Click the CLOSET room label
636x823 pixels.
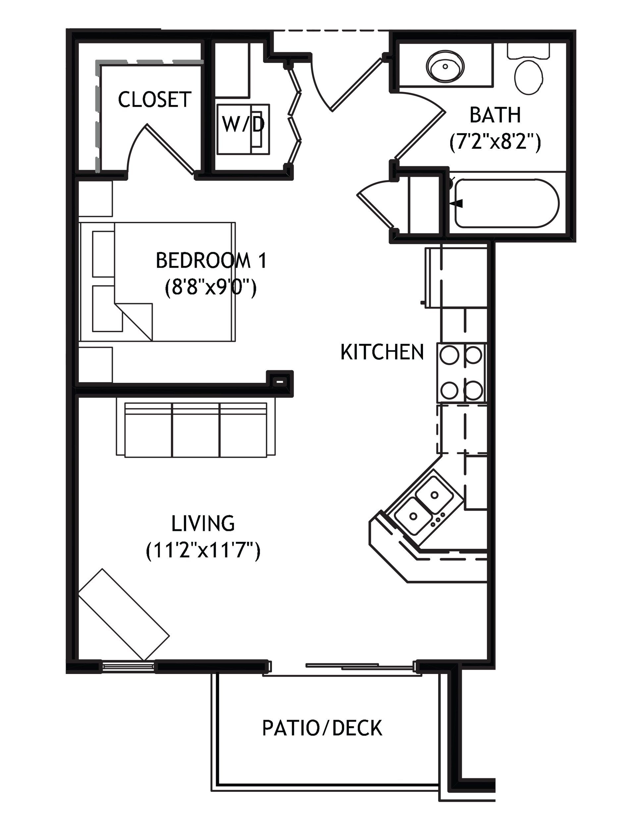(x=155, y=99)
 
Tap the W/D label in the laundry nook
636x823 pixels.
(x=243, y=124)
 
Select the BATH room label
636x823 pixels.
(x=495, y=115)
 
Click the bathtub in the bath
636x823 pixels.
(x=506, y=203)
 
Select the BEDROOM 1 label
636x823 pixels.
(x=211, y=260)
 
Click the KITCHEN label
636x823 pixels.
(x=382, y=352)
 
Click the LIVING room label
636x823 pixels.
(x=203, y=523)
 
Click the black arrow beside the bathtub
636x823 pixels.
(x=456, y=203)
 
